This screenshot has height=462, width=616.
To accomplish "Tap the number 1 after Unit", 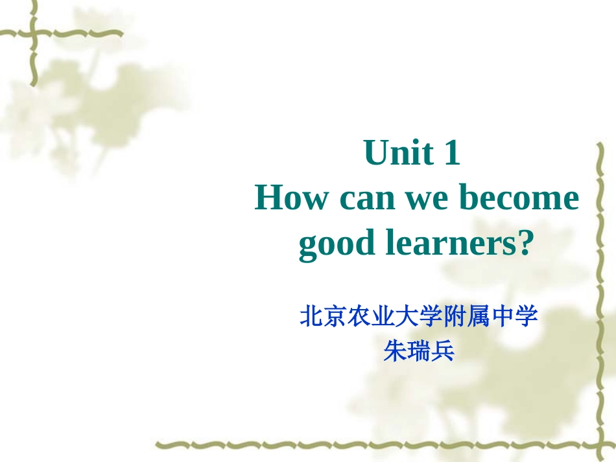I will click(x=451, y=153).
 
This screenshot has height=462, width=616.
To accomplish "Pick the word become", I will click(x=519, y=198).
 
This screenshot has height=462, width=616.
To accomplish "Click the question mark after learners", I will click(x=525, y=243).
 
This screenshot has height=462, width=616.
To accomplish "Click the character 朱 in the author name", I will click(x=396, y=351).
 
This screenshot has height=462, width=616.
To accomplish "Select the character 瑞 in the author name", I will click(x=420, y=351).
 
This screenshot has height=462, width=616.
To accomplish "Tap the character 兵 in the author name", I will click(x=444, y=351).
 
